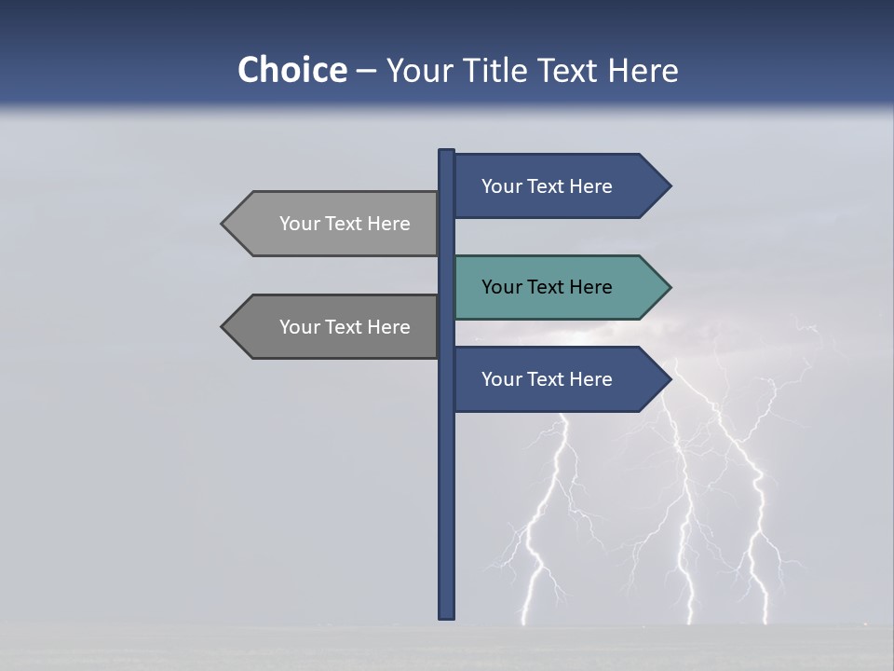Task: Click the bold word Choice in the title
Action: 291,70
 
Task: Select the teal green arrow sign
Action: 549,287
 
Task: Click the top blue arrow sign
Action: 549,186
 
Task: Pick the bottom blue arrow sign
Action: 549,379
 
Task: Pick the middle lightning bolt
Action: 687,522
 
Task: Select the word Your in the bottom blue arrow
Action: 500,379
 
